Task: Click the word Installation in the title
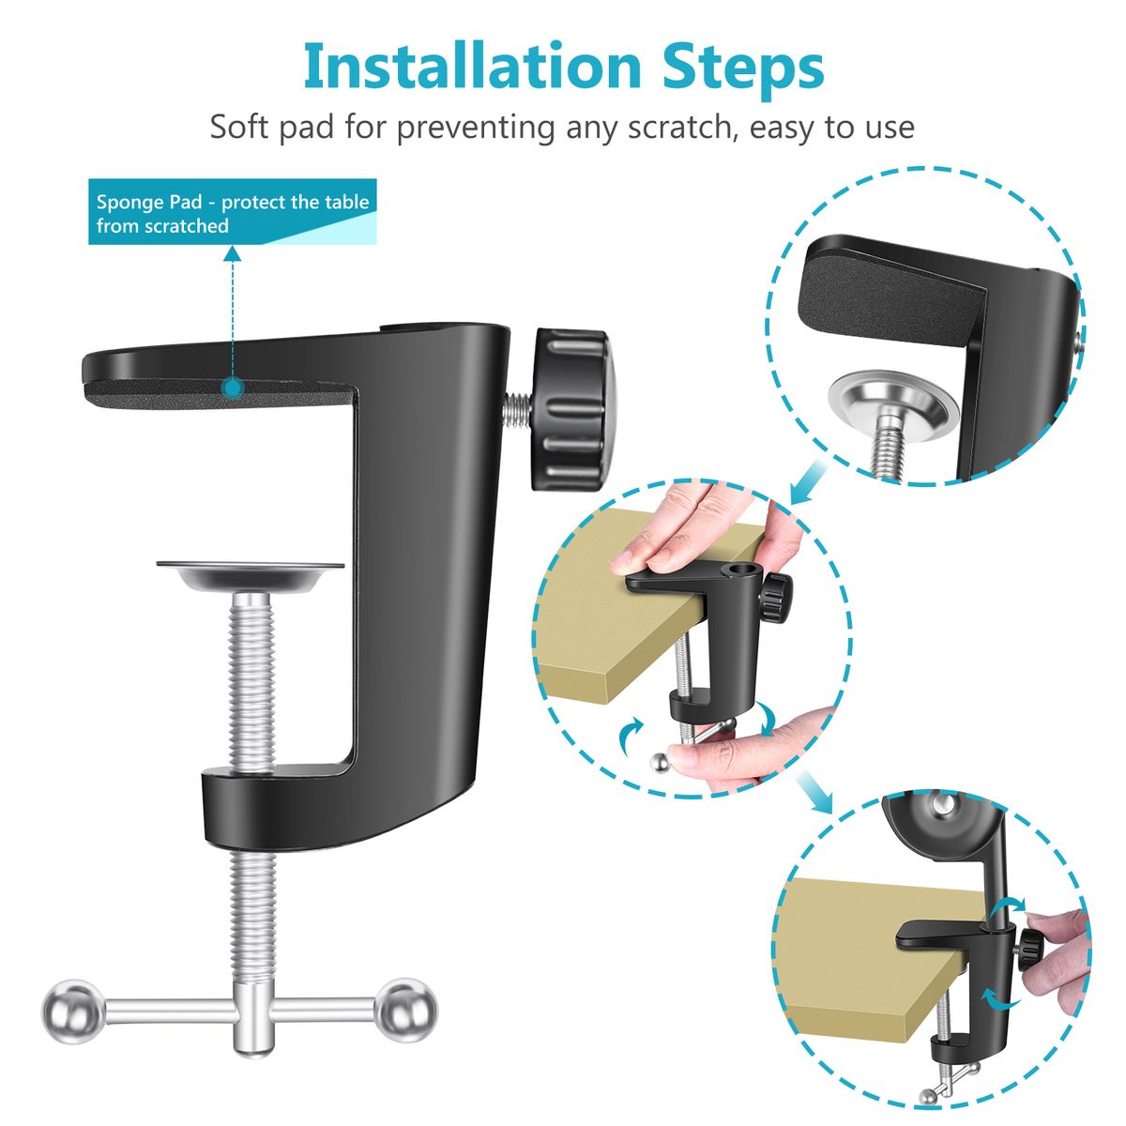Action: pos(473,68)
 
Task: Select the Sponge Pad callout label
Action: pos(233,213)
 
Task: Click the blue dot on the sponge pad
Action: pos(233,388)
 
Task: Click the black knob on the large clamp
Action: pos(570,410)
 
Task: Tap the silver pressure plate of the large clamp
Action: pos(251,574)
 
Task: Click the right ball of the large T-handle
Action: pos(405,1012)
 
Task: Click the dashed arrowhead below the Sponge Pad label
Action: pos(233,253)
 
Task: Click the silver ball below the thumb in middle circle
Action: pos(661,762)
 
